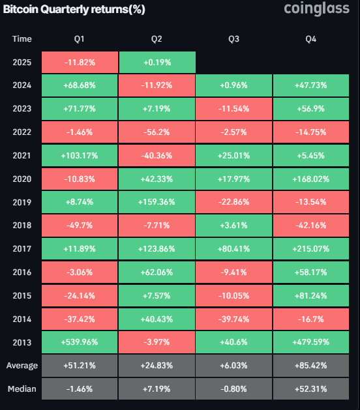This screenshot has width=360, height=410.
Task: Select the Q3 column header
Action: (x=233, y=39)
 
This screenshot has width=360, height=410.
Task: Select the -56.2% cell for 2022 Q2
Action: (x=157, y=132)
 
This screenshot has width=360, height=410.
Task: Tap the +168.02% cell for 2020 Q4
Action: (x=311, y=179)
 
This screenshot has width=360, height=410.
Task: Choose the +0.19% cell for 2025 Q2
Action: (x=157, y=62)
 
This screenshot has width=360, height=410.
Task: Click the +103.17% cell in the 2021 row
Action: (x=79, y=154)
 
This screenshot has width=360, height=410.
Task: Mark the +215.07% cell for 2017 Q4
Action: (x=311, y=248)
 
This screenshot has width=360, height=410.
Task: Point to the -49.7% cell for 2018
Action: (x=79, y=225)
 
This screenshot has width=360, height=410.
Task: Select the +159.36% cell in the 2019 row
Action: (x=157, y=201)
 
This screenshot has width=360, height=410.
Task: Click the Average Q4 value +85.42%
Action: (x=311, y=366)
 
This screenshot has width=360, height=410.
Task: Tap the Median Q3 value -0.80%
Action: (x=233, y=388)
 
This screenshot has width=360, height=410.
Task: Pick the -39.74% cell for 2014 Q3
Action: (x=233, y=319)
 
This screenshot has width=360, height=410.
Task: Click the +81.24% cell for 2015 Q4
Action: (x=311, y=295)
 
